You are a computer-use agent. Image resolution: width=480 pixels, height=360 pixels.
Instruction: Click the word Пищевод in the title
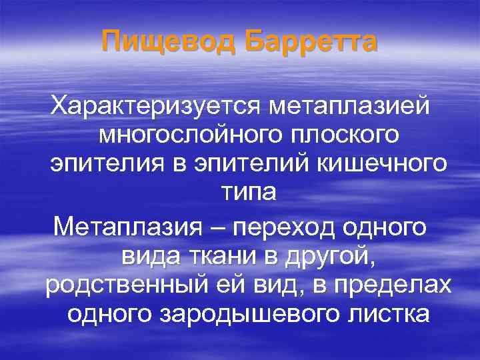[x=169, y=43]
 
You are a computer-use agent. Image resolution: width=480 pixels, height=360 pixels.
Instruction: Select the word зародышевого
[x=261, y=313]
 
